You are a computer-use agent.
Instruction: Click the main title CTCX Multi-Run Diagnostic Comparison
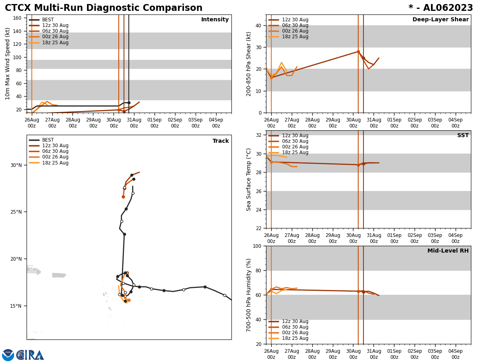click(x=103, y=8)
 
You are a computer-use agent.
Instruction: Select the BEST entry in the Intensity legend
click(x=48, y=20)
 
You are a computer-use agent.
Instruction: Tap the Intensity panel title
click(x=215, y=20)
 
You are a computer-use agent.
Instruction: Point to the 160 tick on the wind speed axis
click(x=17, y=18)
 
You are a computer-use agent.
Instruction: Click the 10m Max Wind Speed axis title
click(x=8, y=64)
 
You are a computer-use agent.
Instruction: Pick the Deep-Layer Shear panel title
click(x=440, y=20)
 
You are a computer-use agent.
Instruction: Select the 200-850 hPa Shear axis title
click(x=249, y=64)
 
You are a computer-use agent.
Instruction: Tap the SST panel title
click(x=463, y=136)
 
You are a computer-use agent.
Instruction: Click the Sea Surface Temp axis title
click(x=249, y=179)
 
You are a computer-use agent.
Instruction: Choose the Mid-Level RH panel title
click(x=448, y=251)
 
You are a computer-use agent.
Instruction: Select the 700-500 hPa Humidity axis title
click(x=249, y=295)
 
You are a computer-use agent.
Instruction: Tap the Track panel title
click(x=221, y=141)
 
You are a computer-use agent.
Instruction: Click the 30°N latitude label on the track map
click(x=16, y=165)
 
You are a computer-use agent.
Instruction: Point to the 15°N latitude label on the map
click(x=16, y=306)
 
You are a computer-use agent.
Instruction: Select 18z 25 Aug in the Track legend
click(x=55, y=163)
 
